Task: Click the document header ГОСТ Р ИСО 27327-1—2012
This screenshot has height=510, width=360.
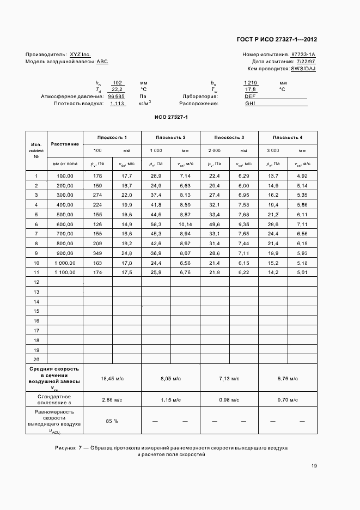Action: (x=277, y=39)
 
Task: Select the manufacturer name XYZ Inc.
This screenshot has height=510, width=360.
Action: (x=80, y=54)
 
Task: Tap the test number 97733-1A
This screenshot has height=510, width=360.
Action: (x=303, y=54)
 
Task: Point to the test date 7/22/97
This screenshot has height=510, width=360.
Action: (x=306, y=62)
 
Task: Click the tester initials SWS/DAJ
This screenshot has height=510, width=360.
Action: (x=303, y=69)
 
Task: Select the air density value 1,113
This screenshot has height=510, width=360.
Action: (x=117, y=103)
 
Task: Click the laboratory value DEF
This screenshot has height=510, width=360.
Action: (x=251, y=96)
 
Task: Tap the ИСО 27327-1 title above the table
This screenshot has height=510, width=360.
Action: (x=171, y=117)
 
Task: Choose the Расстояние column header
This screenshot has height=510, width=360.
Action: (x=65, y=144)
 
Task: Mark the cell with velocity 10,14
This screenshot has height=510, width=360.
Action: (x=185, y=224)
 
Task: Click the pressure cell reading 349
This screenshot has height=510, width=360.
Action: (x=97, y=253)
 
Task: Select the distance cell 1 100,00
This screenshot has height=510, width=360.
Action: (x=65, y=272)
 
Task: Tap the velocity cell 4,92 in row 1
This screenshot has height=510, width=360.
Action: (x=302, y=176)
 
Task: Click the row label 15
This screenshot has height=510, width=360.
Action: (x=36, y=311)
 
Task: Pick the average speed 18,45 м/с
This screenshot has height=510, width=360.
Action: (x=112, y=378)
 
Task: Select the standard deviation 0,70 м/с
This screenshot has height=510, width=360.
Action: (x=287, y=400)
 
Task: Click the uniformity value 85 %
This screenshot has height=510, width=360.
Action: (x=112, y=421)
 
